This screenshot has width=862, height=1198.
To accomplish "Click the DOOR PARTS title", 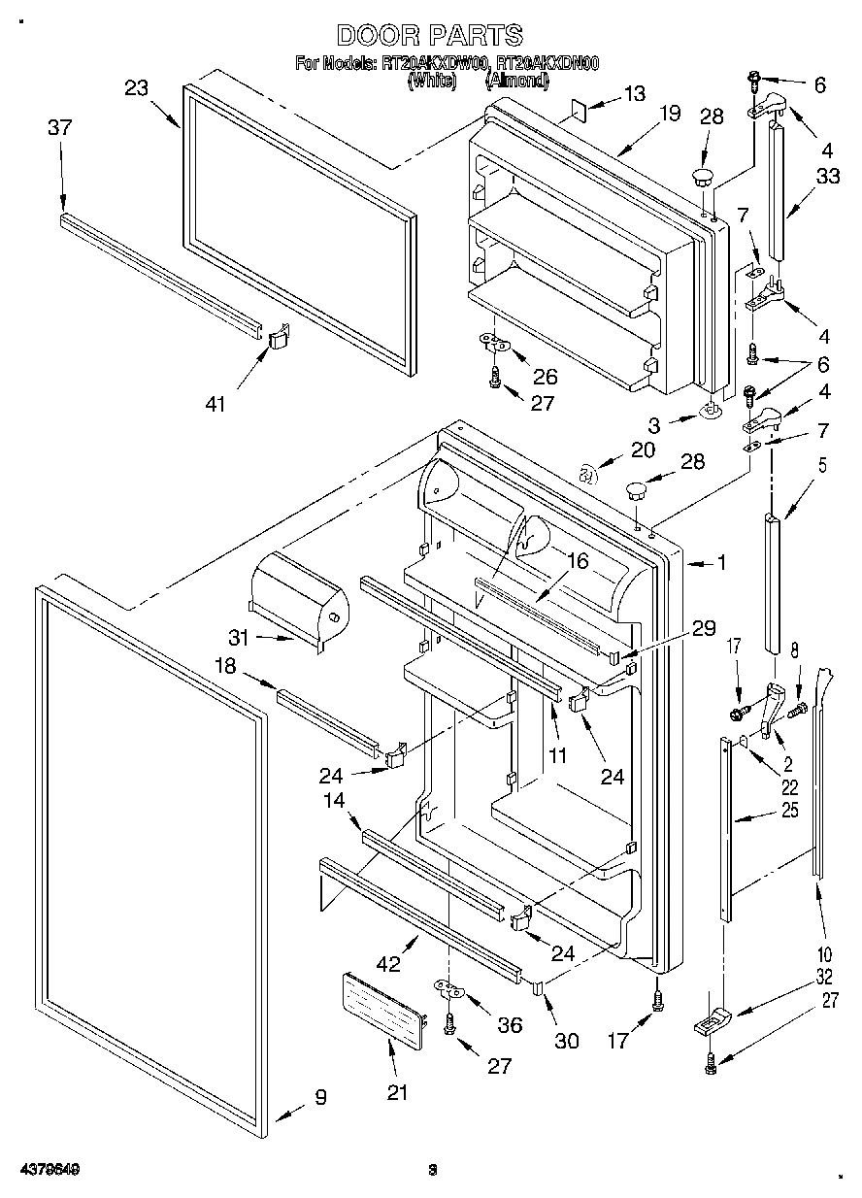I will point(429,36).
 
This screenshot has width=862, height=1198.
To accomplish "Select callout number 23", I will point(136,87).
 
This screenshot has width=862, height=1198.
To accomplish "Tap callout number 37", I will point(60,127).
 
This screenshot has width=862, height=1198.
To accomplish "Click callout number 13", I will point(634,94).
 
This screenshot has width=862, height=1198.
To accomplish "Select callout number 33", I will point(827,177).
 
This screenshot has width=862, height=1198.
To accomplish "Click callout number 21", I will point(396,1092).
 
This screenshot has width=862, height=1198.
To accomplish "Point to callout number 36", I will point(509,1024).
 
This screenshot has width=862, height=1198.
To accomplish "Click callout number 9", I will point(319,1098).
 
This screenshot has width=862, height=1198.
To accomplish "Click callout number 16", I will point(578,561).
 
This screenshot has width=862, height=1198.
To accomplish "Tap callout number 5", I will point(822,464).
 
